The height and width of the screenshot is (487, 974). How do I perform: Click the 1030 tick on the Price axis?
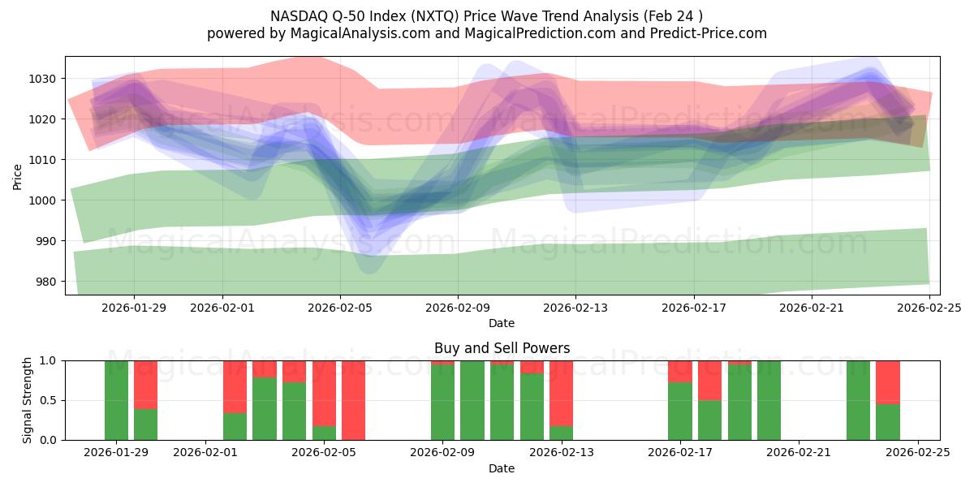pyautogui.click(x=44, y=79)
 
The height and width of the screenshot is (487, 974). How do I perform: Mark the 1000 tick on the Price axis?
pyautogui.click(x=44, y=200)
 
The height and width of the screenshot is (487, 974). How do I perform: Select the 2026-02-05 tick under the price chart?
pyautogui.click(x=340, y=308)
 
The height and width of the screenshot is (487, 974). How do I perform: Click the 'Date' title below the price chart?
pyautogui.click(x=502, y=323)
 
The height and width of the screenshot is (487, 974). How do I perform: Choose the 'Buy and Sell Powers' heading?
pyautogui.click(x=502, y=348)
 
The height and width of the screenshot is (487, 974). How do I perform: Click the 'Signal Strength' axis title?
pyautogui.click(x=27, y=399)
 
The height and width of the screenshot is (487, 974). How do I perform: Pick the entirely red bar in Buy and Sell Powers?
pyautogui.click(x=353, y=400)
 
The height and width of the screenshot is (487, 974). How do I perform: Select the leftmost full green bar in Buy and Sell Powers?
pyautogui.click(x=117, y=400)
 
